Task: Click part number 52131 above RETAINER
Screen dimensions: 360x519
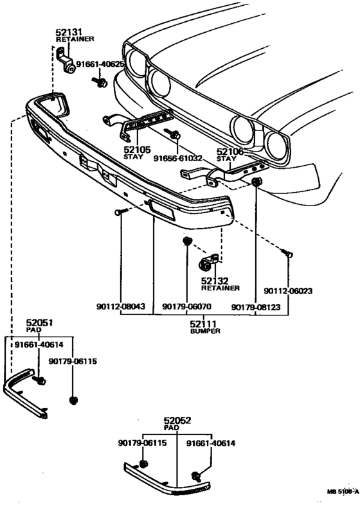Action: click(x=69, y=32)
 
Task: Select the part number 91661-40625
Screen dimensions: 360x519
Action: click(x=100, y=64)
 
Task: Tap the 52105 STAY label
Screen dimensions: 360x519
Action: click(x=137, y=150)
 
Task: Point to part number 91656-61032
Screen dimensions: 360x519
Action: click(x=178, y=159)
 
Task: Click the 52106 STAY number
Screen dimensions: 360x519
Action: click(x=230, y=152)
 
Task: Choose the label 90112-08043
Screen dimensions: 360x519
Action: click(x=121, y=306)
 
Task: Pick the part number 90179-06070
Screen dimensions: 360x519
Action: click(x=187, y=307)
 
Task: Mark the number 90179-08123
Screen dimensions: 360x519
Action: click(x=256, y=307)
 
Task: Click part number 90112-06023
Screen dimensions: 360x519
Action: click(x=288, y=291)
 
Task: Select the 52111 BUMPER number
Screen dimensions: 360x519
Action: click(x=203, y=324)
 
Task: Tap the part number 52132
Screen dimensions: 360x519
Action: click(x=215, y=281)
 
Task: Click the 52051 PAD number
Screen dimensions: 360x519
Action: click(x=39, y=322)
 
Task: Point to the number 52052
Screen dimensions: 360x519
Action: click(x=177, y=421)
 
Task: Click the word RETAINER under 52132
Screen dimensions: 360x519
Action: click(x=221, y=288)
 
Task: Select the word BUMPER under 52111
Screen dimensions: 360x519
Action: click(x=205, y=331)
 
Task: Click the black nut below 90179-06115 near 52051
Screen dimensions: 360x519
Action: click(x=73, y=401)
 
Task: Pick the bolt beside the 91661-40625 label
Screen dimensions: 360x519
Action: click(x=100, y=82)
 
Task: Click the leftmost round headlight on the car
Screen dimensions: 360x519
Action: click(x=136, y=62)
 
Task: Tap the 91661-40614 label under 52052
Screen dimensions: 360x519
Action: click(x=211, y=443)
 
